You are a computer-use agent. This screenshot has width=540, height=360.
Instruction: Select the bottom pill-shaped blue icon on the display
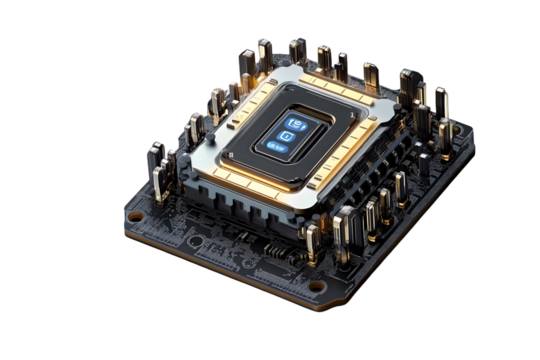278,148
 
